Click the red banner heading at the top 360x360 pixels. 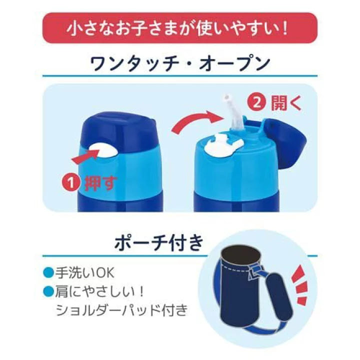(x=180, y=28)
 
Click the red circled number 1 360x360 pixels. (x=71, y=183)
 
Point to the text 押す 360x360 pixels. (x=101, y=183)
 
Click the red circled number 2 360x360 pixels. (x=256, y=102)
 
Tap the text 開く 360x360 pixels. (x=286, y=103)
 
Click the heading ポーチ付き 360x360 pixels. (x=159, y=242)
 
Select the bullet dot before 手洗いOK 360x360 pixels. (x=48, y=273)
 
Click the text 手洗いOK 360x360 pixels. (x=84, y=273)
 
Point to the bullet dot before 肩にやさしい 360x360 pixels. (x=48, y=291)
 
